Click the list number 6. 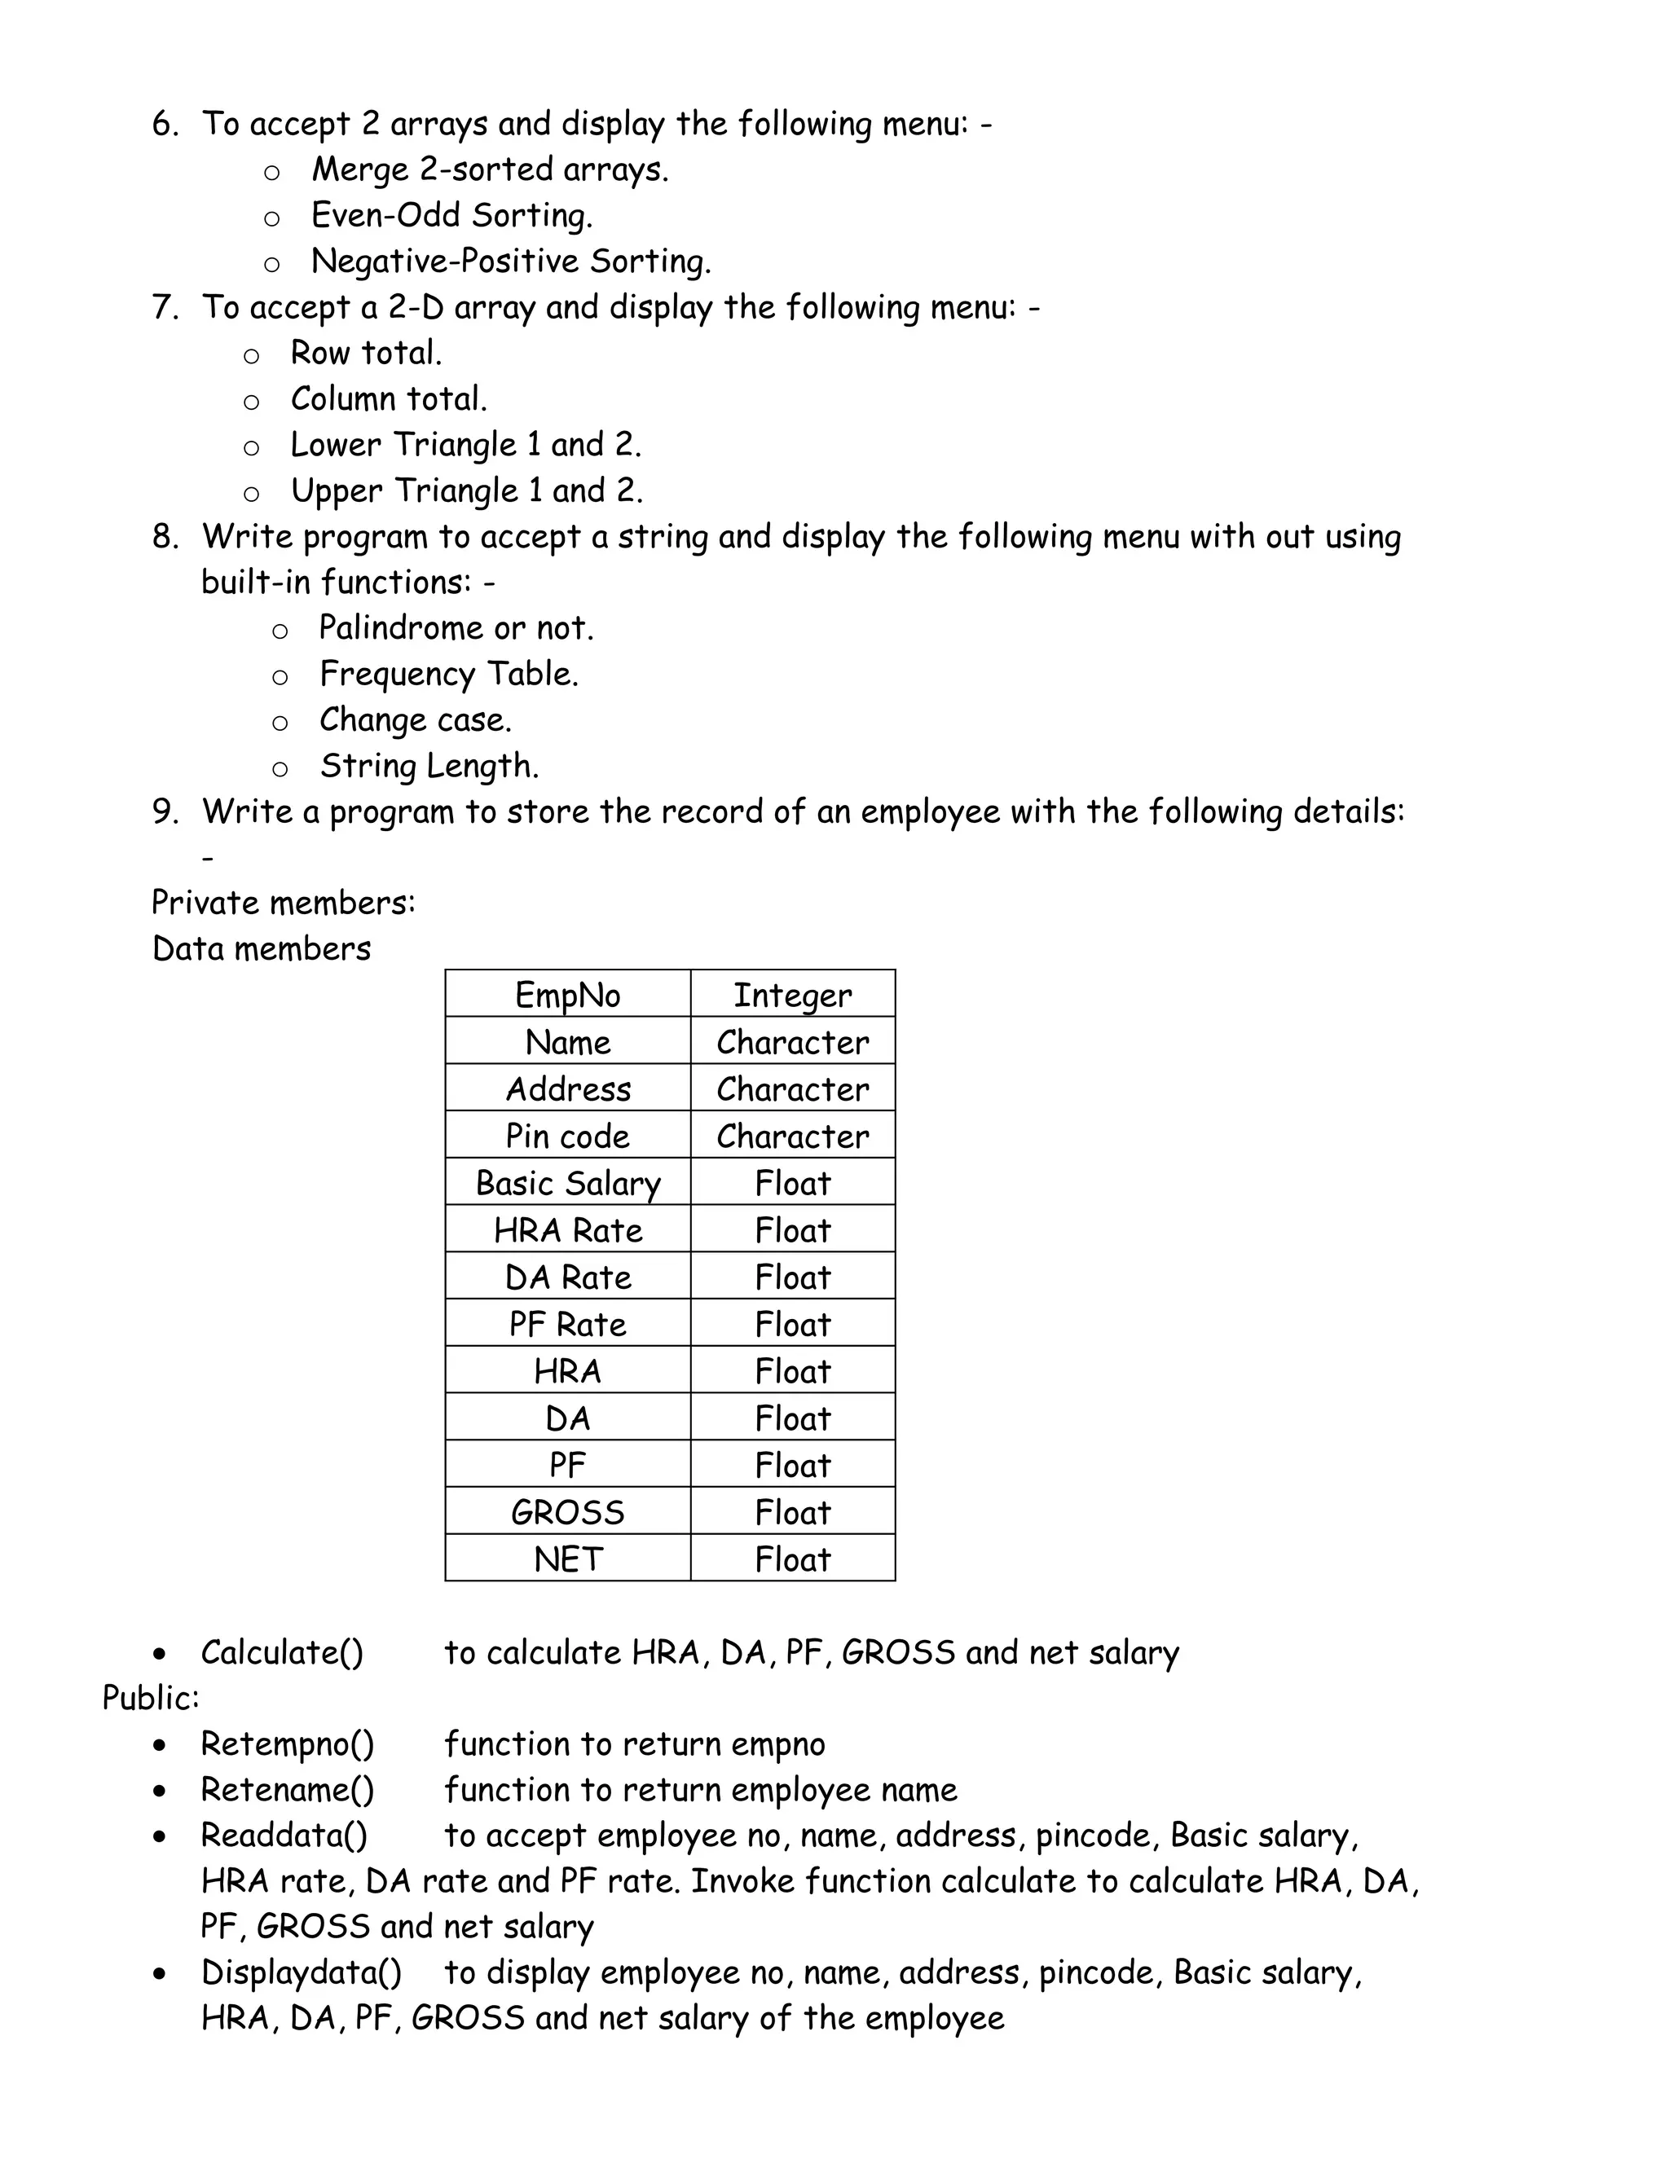[164, 125]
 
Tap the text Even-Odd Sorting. [451, 216]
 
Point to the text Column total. [389, 399]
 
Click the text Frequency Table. [449, 675]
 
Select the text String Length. [429, 766]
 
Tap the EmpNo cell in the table [567, 995]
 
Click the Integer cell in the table [792, 995]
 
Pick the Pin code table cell [567, 1136]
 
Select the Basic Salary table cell [567, 1183]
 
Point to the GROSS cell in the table [567, 1512]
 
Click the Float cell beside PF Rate [792, 1325]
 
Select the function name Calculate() [282, 1653]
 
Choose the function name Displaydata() [302, 1972]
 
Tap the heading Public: [150, 1699]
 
